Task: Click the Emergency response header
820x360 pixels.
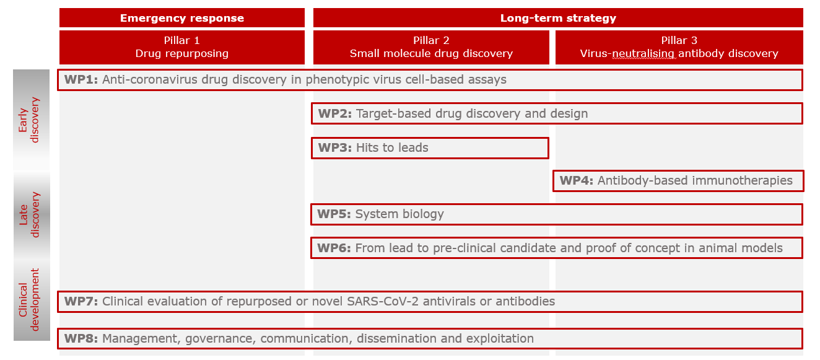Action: click(182, 17)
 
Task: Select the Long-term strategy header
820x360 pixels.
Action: click(558, 17)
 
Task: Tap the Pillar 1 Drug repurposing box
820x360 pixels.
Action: click(182, 47)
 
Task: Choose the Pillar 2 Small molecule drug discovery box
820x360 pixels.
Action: click(431, 47)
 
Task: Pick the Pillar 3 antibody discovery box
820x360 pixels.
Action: click(679, 47)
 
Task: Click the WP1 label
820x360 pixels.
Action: click(81, 79)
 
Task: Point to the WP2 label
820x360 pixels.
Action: click(334, 113)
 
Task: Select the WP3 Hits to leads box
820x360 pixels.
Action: click(430, 148)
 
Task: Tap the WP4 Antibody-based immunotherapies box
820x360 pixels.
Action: click(678, 181)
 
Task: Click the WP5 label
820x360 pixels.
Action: click(334, 214)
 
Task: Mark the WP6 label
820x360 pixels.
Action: click(334, 248)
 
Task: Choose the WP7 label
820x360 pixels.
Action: click(81, 301)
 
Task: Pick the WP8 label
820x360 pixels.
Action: click(81, 339)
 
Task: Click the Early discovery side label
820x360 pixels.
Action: click(28, 120)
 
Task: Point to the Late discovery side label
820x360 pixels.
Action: click(28, 214)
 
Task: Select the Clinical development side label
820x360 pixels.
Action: click(28, 299)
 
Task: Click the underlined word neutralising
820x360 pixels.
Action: click(643, 54)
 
